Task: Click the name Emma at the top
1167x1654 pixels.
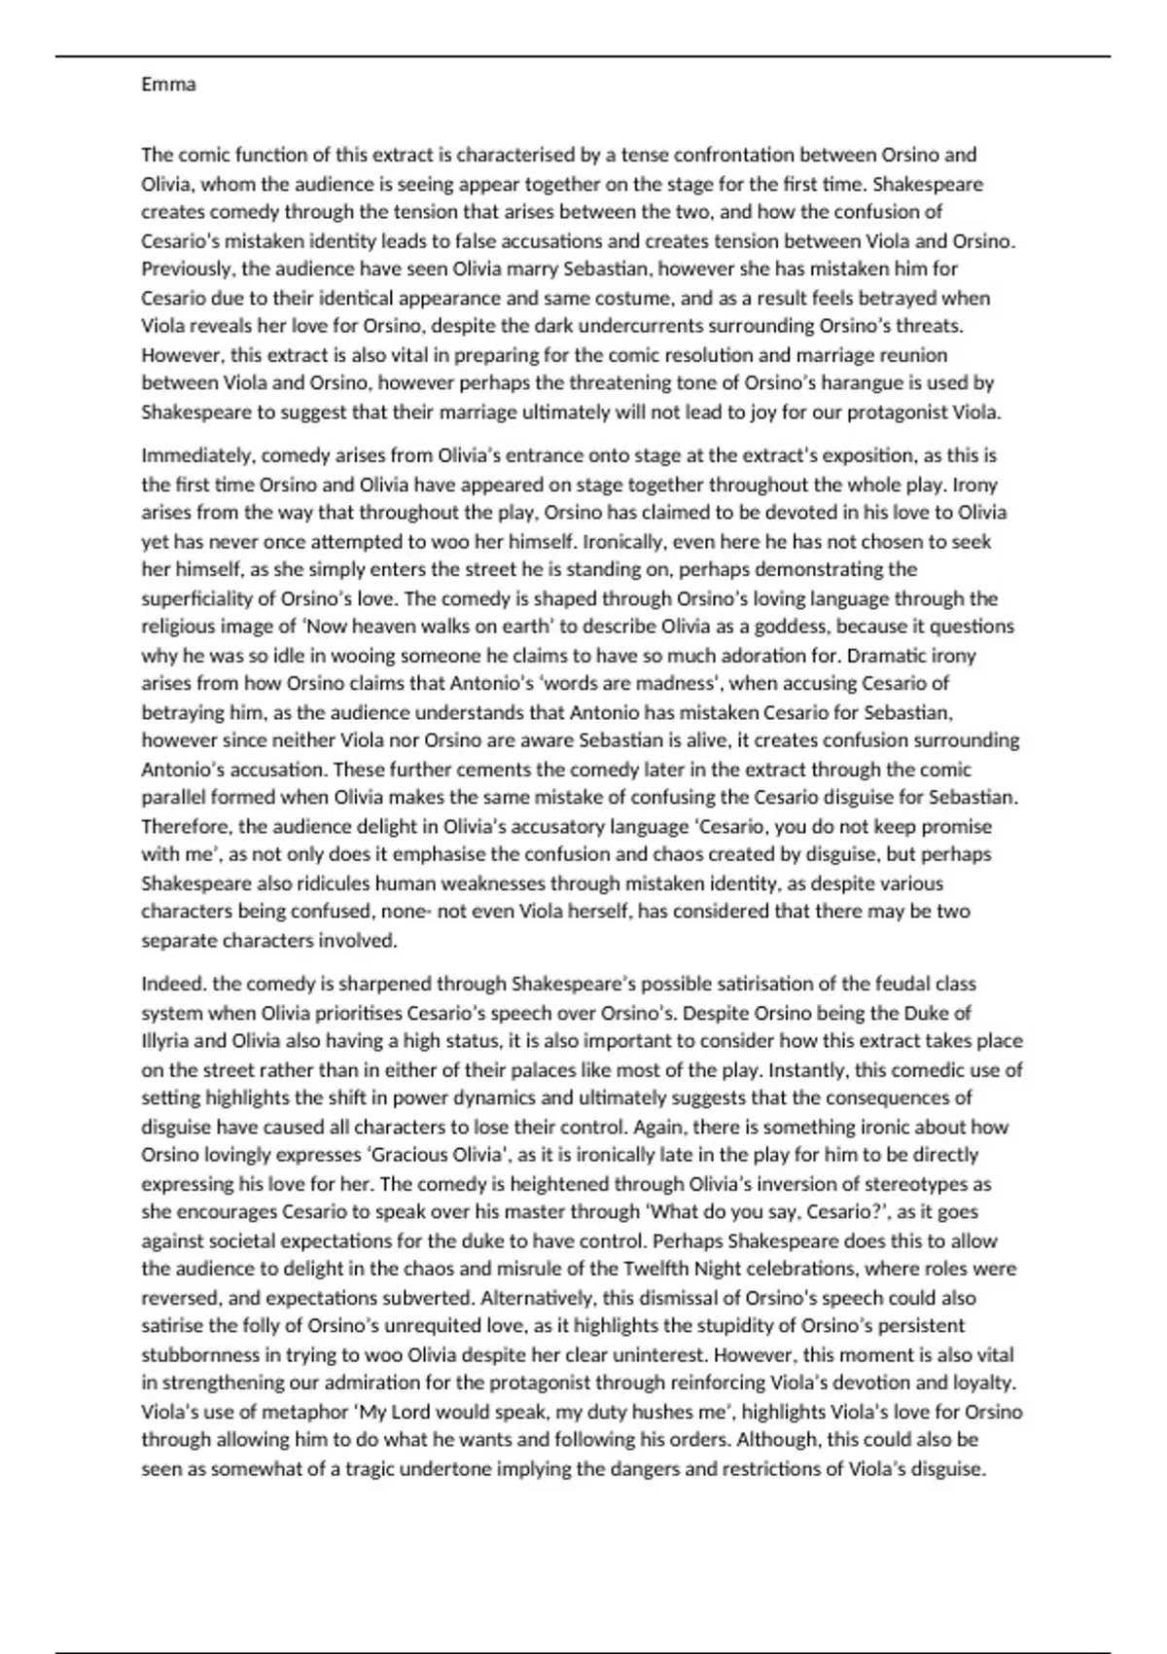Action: pyautogui.click(x=168, y=85)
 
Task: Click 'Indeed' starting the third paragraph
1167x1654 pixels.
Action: pyautogui.click(x=167, y=984)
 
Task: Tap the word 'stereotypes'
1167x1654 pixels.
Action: pyautogui.click(x=913, y=1184)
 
